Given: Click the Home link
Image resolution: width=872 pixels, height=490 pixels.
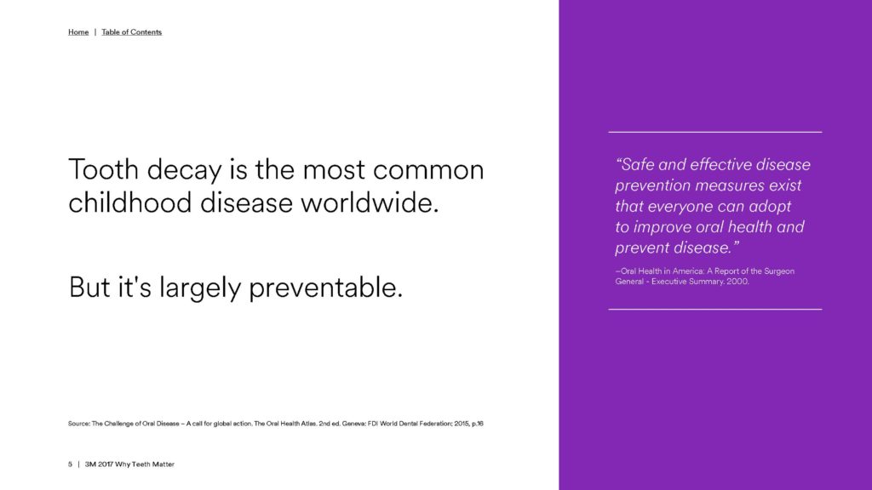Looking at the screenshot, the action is click(78, 32).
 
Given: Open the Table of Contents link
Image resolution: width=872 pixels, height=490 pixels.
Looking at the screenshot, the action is click(132, 32).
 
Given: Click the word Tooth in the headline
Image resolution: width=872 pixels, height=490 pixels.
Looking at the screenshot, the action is click(103, 169).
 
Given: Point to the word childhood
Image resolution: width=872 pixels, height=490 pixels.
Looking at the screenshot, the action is click(130, 202).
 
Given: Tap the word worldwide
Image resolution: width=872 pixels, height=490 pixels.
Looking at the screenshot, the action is click(370, 202).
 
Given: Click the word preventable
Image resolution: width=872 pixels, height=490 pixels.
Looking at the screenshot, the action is click(326, 288).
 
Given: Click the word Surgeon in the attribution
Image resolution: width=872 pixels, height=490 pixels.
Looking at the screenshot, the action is click(780, 271).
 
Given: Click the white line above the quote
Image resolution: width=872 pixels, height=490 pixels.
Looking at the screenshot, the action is click(715, 132).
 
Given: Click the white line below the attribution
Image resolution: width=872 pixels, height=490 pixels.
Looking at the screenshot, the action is click(715, 309).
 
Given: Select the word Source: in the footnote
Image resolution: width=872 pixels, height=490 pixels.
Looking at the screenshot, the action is click(79, 424).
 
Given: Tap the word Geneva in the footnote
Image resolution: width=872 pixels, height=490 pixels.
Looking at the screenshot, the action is click(353, 424).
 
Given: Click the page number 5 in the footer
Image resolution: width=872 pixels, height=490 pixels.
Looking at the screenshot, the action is click(70, 464).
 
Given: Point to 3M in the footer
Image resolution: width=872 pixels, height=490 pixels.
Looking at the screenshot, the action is click(90, 464).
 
